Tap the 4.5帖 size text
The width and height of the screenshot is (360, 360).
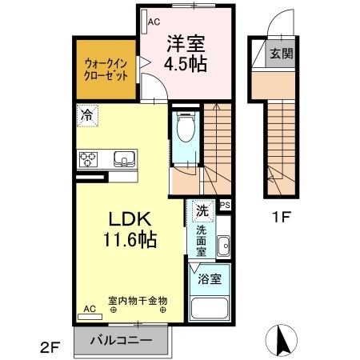click(x=186, y=64)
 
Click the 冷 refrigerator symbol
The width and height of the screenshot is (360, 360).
click(x=86, y=115)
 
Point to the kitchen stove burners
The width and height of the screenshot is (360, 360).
click(x=87, y=158)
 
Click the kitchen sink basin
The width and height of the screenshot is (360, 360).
click(x=125, y=158)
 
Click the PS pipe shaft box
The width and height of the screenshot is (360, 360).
click(x=225, y=205)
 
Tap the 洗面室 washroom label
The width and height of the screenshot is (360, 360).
click(x=203, y=239)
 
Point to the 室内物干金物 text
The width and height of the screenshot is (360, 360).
click(x=138, y=301)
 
